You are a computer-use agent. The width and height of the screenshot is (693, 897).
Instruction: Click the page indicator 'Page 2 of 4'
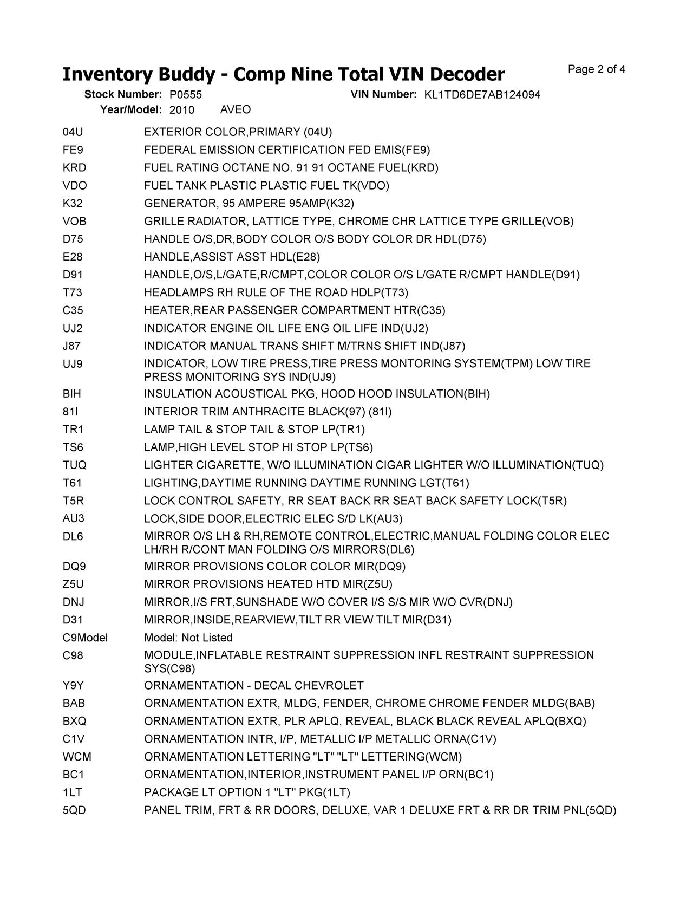(x=597, y=69)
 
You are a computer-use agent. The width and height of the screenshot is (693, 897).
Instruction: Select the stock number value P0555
(x=185, y=95)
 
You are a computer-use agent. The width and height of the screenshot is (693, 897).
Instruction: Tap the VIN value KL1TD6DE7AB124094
(x=482, y=95)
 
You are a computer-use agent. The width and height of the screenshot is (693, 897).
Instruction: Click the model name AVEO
(x=236, y=110)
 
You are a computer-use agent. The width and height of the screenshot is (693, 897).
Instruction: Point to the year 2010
(x=182, y=110)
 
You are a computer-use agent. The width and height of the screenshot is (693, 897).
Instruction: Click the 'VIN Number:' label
(x=383, y=95)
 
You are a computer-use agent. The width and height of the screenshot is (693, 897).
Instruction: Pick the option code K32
(x=73, y=204)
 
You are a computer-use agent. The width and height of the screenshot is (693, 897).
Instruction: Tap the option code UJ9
(x=73, y=364)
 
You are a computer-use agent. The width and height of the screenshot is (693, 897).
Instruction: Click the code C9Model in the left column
(x=85, y=638)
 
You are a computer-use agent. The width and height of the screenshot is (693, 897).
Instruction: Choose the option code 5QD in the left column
(x=74, y=811)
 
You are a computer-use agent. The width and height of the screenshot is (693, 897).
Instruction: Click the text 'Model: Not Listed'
(x=188, y=638)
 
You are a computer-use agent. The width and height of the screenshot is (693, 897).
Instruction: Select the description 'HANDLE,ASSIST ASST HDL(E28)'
(x=232, y=257)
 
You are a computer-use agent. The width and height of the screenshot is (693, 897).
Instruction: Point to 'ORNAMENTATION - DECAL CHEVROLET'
(x=254, y=686)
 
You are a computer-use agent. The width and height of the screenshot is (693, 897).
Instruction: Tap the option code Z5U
(x=73, y=584)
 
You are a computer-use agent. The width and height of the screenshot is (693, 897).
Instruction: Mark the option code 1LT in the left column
(x=72, y=793)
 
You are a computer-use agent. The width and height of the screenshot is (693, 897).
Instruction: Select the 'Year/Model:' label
(x=131, y=110)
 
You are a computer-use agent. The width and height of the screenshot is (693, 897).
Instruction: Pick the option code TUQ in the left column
(x=74, y=465)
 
